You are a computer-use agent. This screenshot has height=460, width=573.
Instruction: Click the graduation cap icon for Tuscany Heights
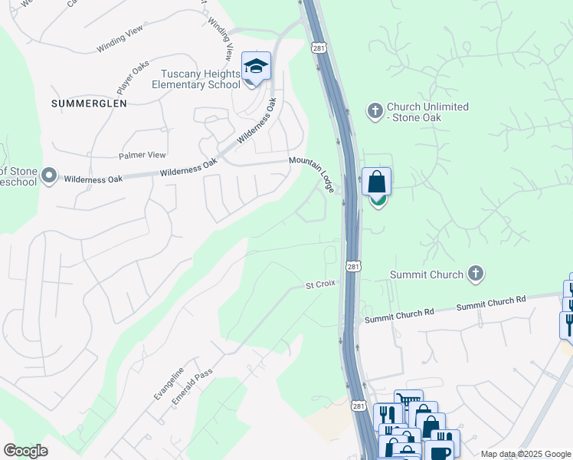click(257, 67)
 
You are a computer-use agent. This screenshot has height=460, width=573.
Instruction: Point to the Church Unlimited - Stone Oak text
click(427, 112)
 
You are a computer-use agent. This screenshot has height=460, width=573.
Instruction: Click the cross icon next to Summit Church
click(476, 274)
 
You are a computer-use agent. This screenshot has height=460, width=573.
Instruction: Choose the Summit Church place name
click(427, 274)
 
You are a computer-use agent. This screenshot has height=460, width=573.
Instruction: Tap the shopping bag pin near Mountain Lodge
click(376, 183)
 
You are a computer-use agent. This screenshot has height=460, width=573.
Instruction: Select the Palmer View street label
click(142, 155)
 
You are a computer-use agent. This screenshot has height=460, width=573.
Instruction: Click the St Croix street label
click(320, 284)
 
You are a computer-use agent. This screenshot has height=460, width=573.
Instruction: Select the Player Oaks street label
click(133, 75)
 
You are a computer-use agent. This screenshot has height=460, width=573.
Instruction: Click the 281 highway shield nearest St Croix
click(352, 266)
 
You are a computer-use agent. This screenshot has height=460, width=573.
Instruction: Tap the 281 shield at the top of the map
click(318, 48)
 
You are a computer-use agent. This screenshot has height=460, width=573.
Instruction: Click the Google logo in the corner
click(26, 450)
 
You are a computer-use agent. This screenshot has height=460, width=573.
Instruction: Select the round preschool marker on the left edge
click(50, 176)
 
